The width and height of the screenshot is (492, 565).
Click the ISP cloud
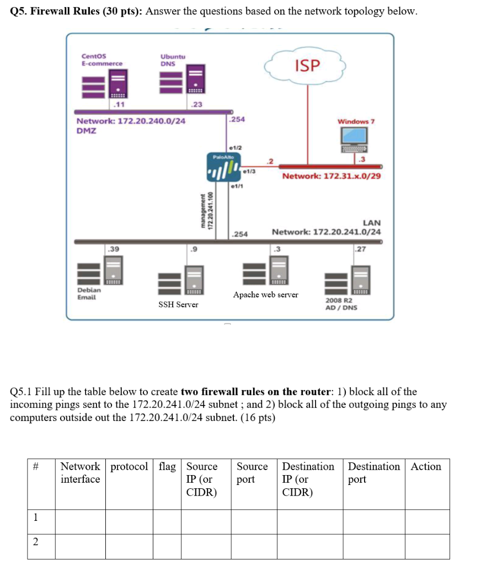coord(307,66)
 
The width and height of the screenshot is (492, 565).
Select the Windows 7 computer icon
coord(353,138)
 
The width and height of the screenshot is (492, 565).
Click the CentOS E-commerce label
coord(102,60)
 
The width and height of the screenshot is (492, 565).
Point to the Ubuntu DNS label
coord(173,60)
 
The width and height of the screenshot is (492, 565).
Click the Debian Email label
coord(89,293)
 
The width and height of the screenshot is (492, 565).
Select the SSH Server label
coord(178,305)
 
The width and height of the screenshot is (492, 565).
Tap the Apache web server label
coord(265,295)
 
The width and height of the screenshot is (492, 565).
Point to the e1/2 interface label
coord(234,148)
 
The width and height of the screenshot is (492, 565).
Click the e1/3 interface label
coord(249,172)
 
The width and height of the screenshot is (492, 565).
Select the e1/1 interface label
coord(236,187)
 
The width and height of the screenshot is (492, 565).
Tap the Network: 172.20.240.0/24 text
coord(131,121)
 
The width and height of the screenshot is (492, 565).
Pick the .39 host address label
coord(114,249)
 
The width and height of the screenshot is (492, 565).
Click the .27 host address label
coord(360,249)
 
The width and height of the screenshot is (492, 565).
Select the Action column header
coord(426,467)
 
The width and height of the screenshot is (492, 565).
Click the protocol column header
coord(129,467)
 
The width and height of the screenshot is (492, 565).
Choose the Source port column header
coord(253,473)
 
